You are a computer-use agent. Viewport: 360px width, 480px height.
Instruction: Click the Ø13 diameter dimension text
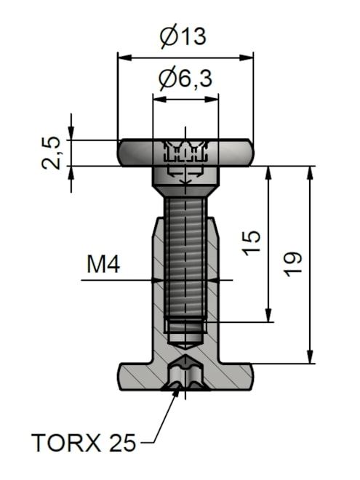click(x=183, y=36)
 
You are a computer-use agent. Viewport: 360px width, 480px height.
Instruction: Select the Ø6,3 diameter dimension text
click(x=185, y=79)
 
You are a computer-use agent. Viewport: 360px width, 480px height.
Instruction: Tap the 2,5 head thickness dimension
click(x=51, y=153)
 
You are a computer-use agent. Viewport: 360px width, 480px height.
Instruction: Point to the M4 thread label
click(x=103, y=265)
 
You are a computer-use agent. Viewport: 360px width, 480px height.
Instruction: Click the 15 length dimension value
click(x=252, y=244)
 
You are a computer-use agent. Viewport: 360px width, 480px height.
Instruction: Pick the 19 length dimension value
click(x=292, y=265)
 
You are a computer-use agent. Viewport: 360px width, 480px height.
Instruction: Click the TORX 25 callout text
click(x=84, y=443)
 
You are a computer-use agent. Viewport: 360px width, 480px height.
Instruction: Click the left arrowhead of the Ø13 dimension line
click(x=125, y=58)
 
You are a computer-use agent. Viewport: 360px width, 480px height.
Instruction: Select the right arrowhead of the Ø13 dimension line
click(x=247, y=58)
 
